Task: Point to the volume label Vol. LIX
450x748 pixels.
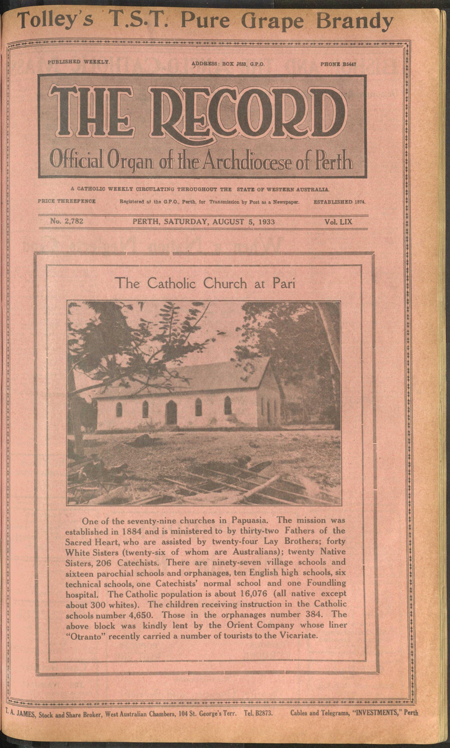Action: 338,222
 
